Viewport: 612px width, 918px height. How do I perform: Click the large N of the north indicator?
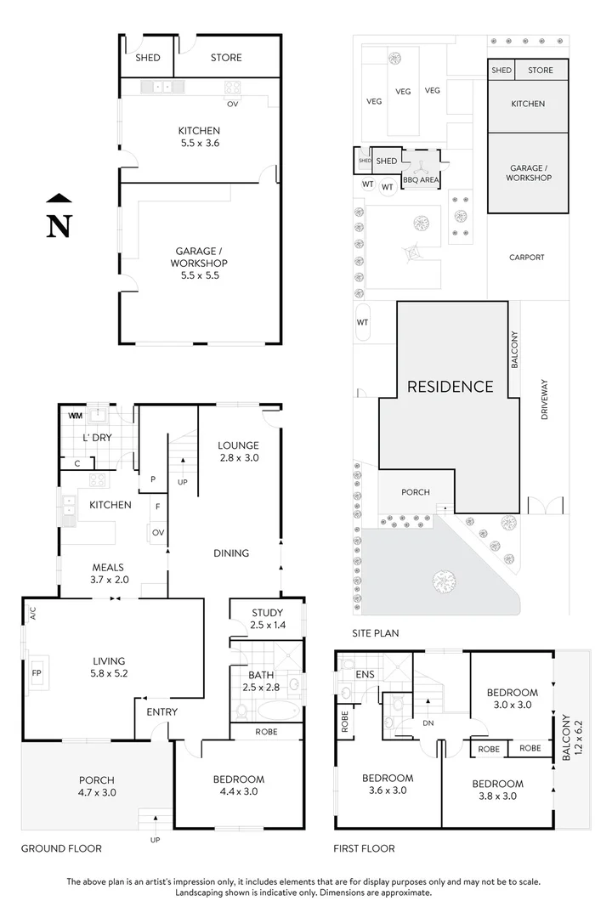58,225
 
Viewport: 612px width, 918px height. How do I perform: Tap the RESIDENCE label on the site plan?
450,387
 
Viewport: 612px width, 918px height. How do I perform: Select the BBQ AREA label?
421,180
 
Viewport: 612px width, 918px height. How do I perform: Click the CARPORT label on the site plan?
526,258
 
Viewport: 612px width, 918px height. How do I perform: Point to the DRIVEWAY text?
545,399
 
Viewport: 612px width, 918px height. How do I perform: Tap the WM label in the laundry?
75,416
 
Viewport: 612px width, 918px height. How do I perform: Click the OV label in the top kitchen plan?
231,105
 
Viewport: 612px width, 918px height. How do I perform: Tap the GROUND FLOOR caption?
61,848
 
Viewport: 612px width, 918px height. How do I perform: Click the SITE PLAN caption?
375,633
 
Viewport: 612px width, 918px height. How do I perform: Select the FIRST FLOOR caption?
365,848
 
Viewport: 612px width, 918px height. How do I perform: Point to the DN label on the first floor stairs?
429,723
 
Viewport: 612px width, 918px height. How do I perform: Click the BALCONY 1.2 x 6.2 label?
569,739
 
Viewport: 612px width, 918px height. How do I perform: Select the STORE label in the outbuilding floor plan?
225,58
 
